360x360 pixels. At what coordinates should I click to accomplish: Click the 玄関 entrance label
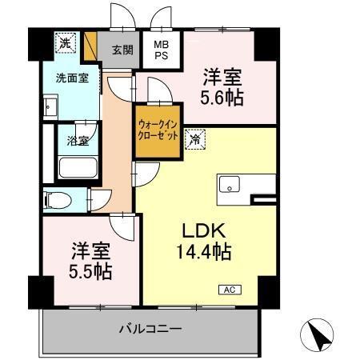pos(122,50)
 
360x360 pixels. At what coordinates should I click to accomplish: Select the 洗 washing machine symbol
pos(63,42)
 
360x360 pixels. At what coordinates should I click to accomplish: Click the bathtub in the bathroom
pos(78,169)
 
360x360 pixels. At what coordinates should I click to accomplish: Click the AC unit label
pos(228,289)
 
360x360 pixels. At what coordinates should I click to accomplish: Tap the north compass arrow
pos(319,335)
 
